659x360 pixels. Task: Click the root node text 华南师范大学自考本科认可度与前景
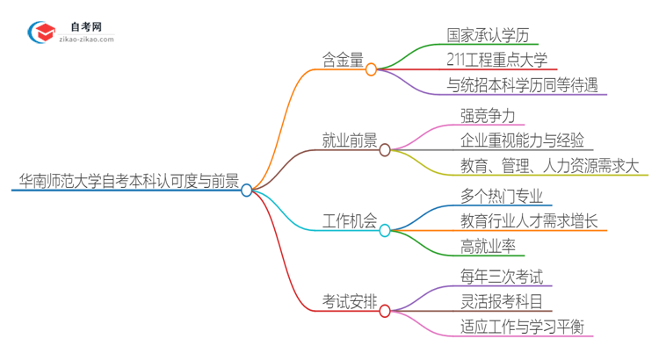128,182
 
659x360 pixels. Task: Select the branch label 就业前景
349,141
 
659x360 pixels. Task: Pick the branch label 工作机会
349,223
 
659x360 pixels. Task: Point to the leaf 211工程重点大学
496,61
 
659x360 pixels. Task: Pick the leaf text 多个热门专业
501,198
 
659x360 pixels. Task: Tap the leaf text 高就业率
488,247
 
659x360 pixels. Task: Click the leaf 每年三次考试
501,278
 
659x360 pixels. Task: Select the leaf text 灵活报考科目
501,303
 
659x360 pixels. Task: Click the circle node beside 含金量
371,68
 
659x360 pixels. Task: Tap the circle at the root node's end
247,190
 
